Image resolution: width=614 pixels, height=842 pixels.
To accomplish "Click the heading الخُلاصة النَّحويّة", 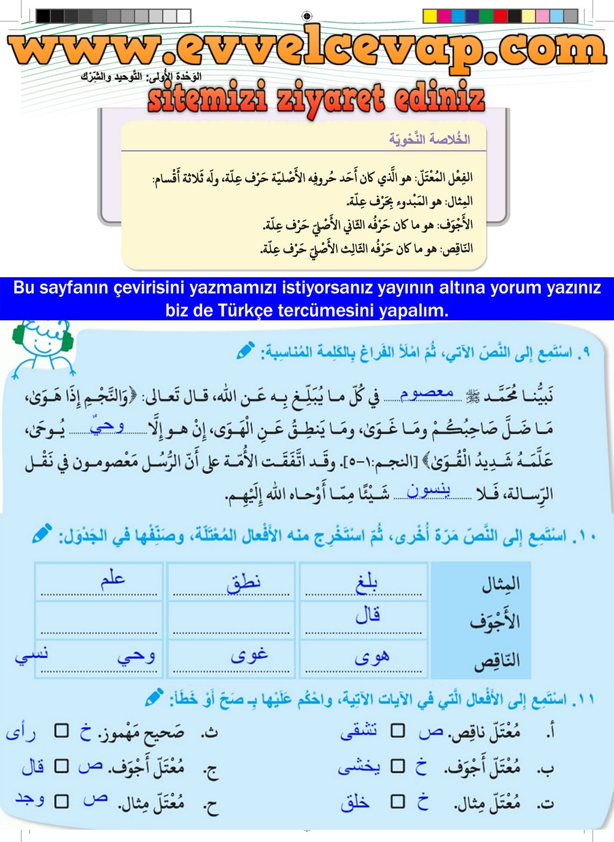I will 429,139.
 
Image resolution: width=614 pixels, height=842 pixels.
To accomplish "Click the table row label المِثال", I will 501,583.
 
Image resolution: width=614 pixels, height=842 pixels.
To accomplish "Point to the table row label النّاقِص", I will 497,661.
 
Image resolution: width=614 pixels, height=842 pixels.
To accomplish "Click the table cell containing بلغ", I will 364,581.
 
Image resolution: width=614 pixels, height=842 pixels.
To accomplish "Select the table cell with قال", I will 364,618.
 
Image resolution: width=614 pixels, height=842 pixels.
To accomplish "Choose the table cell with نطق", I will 231,581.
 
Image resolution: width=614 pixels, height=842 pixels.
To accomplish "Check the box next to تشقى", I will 398,730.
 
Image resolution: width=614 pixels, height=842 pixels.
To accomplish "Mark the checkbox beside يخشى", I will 398,766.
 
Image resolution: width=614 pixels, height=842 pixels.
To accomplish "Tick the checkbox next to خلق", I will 398,801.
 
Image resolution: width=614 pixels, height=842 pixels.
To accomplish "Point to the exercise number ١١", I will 584,699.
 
